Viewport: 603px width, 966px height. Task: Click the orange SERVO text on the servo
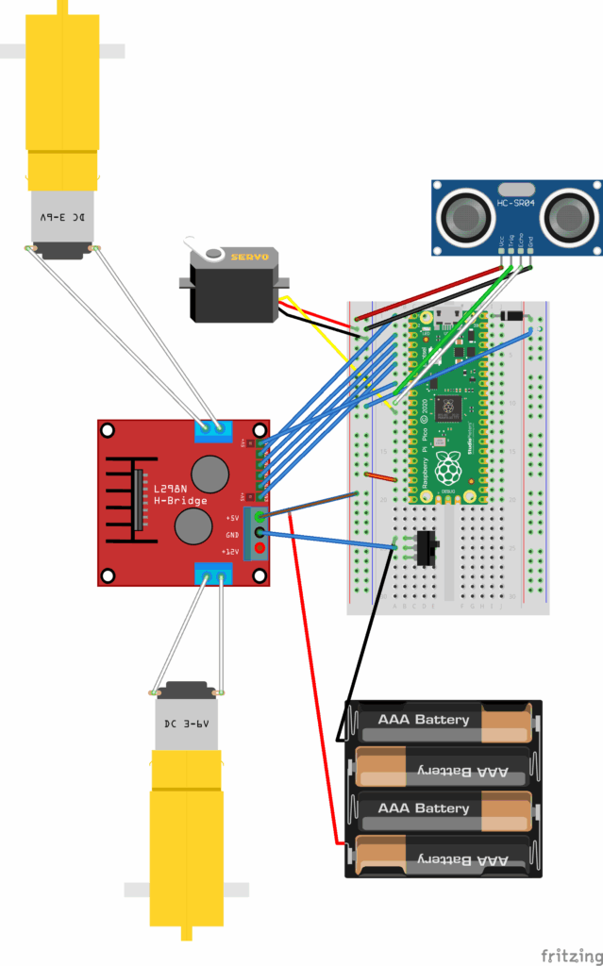[249, 256]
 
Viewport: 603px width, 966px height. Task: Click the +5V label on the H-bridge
[231, 518]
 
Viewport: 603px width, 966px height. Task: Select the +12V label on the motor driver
[230, 550]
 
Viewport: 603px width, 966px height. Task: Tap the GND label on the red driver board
[231, 534]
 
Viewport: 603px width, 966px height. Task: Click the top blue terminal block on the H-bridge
[213, 429]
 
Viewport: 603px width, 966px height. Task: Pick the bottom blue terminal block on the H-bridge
[213, 573]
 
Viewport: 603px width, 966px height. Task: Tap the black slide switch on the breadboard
[427, 547]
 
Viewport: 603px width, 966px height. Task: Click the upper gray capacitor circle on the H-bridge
[210, 472]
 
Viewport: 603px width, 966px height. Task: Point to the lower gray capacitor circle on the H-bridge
[193, 526]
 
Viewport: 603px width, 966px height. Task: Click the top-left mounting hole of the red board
[108, 430]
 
